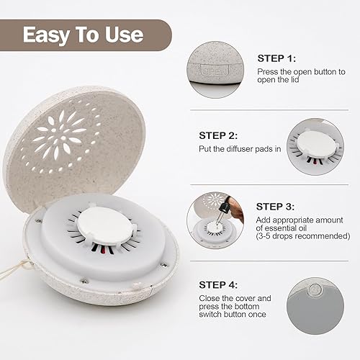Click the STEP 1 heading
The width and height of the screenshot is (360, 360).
pyautogui.click(x=277, y=58)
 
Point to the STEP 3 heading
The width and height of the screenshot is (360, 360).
pyautogui.click(x=277, y=207)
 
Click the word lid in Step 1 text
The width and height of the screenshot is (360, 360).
pyautogui.click(x=291, y=81)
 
